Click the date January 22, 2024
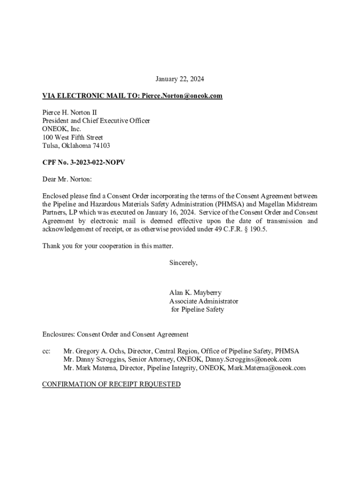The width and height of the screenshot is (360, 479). (180, 79)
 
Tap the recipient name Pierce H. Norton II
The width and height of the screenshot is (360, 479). (70, 113)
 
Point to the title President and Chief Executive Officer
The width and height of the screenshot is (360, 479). (96, 121)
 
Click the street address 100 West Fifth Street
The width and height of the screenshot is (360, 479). (72, 138)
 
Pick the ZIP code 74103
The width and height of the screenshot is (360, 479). (101, 145)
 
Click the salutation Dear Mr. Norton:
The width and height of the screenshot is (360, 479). (67, 179)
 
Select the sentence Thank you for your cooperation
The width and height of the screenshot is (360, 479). (108, 246)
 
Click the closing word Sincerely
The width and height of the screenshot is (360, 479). (183, 263)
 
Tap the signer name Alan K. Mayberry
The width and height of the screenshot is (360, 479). (195, 293)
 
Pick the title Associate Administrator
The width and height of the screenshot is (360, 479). (203, 301)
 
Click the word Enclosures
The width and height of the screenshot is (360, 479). (58, 334)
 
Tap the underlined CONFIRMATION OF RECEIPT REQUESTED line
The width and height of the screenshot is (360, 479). (111, 385)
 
